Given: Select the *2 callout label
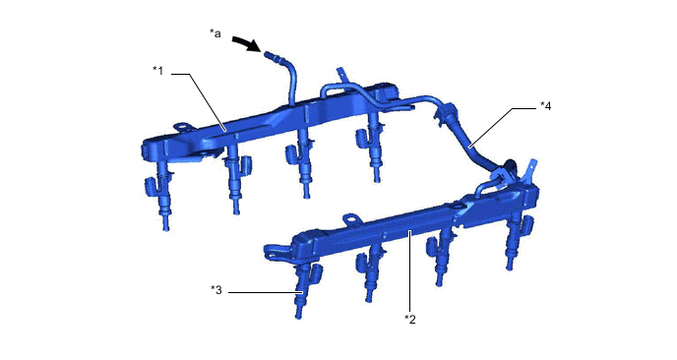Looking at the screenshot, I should (411, 318).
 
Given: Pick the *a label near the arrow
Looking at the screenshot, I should (215, 33).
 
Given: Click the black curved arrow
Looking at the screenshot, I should (247, 44).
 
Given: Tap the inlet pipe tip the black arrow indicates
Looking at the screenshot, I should (269, 57).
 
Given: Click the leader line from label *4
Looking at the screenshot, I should (504, 126).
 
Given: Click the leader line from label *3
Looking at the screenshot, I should (261, 290).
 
